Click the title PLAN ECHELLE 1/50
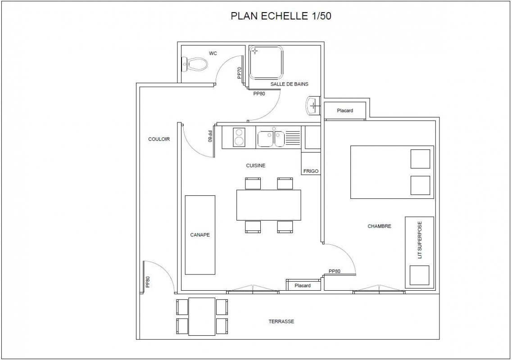281,16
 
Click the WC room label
213,53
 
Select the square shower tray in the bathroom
267,62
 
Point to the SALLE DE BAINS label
289,84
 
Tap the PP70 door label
239,73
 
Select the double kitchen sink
271,139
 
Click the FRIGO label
311,171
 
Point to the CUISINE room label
256,166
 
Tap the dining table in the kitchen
269,205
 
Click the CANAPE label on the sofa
200,234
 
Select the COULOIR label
159,139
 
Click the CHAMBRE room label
380,226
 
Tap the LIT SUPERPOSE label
420,240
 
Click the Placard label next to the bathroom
345,110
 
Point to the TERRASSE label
281,321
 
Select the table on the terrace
202,316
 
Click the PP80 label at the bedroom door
335,271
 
